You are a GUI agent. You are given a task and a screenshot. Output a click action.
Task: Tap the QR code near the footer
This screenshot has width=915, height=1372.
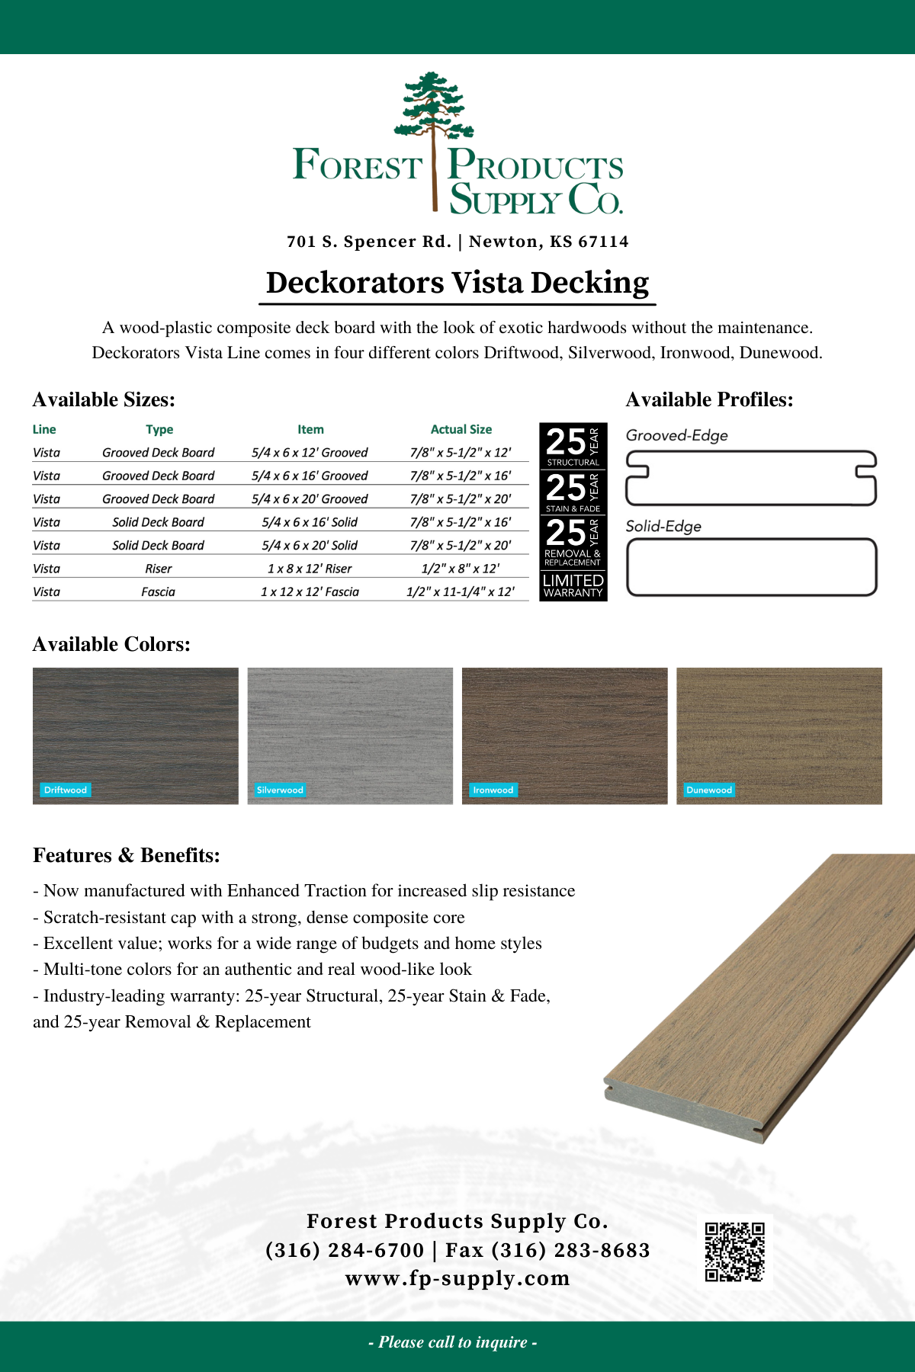click(x=734, y=1252)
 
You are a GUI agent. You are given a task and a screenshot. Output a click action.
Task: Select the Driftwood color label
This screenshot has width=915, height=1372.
click(x=66, y=790)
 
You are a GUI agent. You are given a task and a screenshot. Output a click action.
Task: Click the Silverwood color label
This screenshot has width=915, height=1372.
click(x=280, y=790)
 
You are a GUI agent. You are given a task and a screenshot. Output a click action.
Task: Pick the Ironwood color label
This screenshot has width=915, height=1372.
click(x=493, y=790)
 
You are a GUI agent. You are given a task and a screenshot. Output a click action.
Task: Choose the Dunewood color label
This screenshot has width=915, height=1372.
click(x=709, y=790)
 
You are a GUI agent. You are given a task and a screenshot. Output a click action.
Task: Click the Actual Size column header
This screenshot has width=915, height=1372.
click(x=461, y=429)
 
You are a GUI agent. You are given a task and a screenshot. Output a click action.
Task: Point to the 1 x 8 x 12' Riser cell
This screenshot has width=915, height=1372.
click(x=310, y=569)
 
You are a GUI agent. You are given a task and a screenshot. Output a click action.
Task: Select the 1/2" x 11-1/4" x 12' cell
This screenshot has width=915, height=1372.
click(x=461, y=591)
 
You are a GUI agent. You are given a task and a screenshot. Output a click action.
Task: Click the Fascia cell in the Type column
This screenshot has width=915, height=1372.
click(x=158, y=591)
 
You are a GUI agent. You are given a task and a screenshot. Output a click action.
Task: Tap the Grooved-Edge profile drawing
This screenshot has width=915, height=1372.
click(x=751, y=478)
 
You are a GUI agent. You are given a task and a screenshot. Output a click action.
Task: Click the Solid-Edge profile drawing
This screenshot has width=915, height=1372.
click(x=751, y=567)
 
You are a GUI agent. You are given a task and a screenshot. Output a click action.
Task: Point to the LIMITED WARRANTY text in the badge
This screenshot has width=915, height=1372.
click(x=573, y=585)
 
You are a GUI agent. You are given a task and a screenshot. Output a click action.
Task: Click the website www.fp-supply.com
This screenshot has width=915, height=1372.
click(x=457, y=1278)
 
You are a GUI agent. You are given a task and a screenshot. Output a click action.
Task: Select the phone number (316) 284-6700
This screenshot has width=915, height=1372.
click(x=345, y=1250)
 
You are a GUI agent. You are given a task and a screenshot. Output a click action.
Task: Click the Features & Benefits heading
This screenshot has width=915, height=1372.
click(x=127, y=855)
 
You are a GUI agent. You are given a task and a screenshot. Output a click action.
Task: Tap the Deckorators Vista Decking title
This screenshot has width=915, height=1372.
click(x=457, y=283)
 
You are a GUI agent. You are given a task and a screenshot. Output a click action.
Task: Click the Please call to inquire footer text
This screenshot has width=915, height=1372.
click(x=453, y=1342)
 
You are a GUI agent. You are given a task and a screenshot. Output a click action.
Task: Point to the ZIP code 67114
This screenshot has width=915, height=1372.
click(x=603, y=242)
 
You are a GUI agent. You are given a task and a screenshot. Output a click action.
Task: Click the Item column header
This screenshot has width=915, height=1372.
click(x=310, y=429)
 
